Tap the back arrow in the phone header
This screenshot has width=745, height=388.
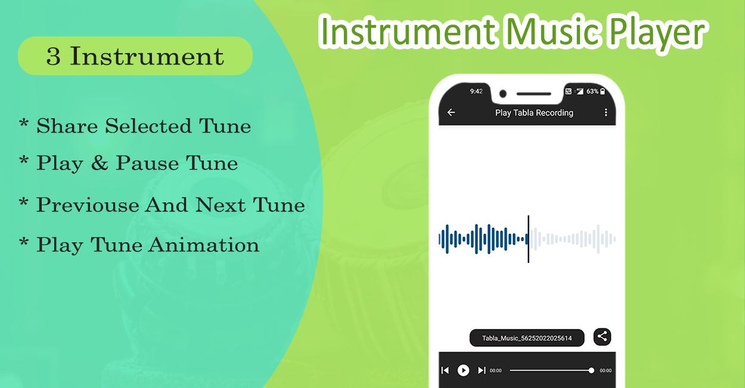click(451, 113)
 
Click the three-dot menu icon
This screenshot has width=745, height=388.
click(606, 113)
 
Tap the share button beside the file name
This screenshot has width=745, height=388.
click(603, 337)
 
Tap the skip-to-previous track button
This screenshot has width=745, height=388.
click(445, 370)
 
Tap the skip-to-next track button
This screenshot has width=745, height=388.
click(482, 370)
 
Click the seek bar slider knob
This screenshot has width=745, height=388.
click(591, 370)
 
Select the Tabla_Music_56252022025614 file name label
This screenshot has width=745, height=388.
click(527, 338)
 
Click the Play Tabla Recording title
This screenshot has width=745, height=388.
click(534, 113)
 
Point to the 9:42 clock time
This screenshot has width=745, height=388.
click(476, 91)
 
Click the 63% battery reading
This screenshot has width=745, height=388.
click(592, 91)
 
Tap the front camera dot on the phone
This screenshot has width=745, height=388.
click(503, 94)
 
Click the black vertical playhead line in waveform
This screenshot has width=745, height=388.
click(528, 239)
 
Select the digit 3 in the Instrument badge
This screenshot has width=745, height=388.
click(54, 56)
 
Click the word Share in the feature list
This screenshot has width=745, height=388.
click(67, 126)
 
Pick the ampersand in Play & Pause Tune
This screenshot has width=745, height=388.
click(100, 163)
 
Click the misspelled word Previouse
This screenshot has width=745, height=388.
click(88, 205)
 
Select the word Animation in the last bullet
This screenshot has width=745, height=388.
click(204, 245)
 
